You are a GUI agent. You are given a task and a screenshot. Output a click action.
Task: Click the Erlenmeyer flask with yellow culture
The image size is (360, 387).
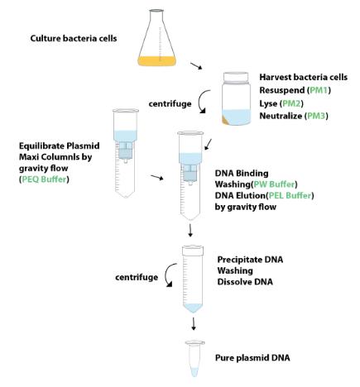tap(156, 38)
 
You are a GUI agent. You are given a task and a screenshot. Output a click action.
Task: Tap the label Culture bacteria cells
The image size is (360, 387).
tap(74, 38)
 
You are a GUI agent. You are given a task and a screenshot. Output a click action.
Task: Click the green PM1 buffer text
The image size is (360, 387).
tap(319, 90)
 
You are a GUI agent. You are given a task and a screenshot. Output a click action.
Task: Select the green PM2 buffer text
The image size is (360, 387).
tap(292, 103)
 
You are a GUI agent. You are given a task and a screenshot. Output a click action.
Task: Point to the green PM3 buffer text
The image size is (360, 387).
tap(316, 116)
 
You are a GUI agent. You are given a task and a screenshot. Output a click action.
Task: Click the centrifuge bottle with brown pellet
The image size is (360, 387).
tap(236, 98)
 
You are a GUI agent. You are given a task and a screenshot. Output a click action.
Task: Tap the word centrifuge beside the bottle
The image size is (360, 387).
tap(170, 103)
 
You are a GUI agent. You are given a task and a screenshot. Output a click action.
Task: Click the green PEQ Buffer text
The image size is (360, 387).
tap(44, 179)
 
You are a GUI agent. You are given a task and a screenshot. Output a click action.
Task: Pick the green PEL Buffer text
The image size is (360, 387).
tap(290, 195)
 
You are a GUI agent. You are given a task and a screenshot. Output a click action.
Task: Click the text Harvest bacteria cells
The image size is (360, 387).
tap(304, 77)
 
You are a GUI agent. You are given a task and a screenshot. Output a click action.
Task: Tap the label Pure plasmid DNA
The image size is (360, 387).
tap(252, 358)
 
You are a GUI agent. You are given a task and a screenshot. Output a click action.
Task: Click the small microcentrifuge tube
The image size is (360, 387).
tap(194, 359)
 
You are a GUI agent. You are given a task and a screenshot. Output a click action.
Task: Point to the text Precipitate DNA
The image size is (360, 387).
tap(250, 260)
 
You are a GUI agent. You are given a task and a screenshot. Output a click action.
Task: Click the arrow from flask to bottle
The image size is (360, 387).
tap(196, 66)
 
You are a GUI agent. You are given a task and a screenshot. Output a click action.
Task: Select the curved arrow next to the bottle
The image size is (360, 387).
tap(199, 103)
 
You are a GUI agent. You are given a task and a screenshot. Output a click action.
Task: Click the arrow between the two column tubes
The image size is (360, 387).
tap(157, 177)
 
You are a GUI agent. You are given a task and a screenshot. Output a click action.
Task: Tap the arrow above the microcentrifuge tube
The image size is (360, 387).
tap(194, 323)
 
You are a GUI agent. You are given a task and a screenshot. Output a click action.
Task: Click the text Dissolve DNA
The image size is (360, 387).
tap(245, 282)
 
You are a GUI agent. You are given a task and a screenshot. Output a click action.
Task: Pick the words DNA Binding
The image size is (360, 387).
tap(242, 174)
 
